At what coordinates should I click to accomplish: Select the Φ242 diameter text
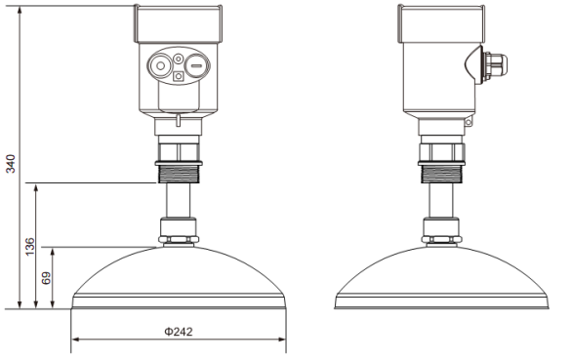[x=178, y=331]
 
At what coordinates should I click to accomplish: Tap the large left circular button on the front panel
[x=158, y=65]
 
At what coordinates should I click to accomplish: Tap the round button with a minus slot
[x=195, y=65]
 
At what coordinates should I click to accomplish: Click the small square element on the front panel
[x=178, y=75]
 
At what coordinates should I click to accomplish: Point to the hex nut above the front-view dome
[x=179, y=233]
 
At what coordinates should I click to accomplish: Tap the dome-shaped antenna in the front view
[x=179, y=278]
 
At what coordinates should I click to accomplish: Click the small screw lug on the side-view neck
[x=469, y=124]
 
